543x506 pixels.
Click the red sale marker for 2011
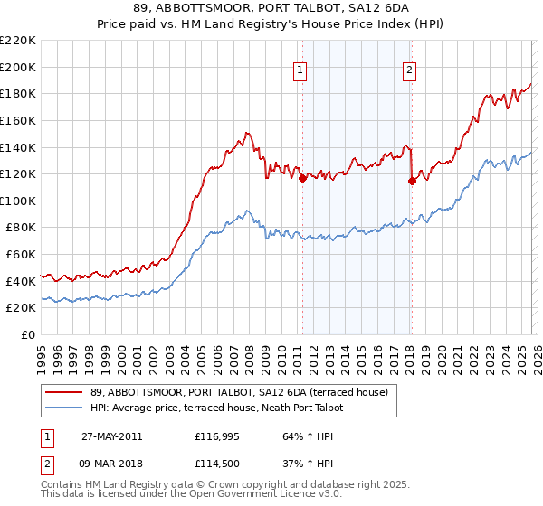[x=302, y=179]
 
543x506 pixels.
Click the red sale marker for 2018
[x=411, y=181]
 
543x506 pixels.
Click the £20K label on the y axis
[x=21, y=308]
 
